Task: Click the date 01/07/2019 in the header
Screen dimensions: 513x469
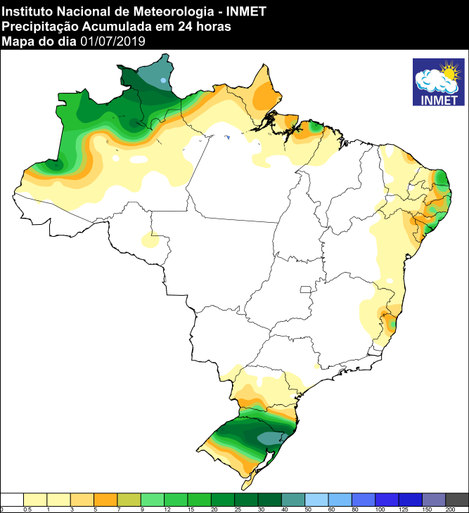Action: tap(113, 42)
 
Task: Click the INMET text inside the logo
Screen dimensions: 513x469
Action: tap(438, 99)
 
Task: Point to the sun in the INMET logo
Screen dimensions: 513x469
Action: tap(449, 71)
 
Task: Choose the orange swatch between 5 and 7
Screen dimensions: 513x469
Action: tap(106, 498)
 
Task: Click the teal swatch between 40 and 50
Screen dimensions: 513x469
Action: tap(294, 498)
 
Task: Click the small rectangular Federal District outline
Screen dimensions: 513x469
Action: tap(304, 289)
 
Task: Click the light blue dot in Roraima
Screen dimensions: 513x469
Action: tap(163, 81)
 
